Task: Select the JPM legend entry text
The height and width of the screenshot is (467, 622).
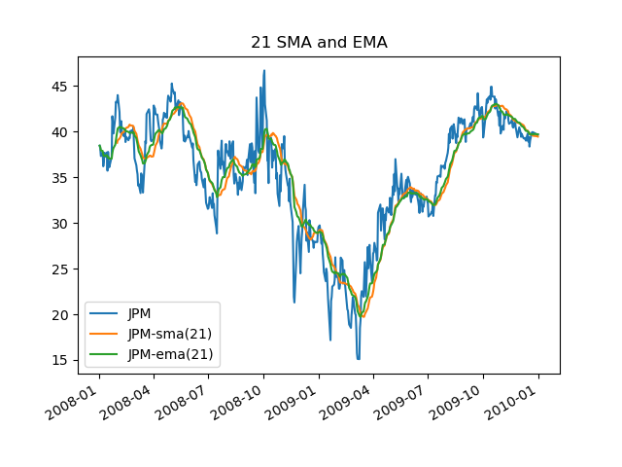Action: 142,313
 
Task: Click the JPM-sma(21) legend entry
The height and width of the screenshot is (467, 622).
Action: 169,334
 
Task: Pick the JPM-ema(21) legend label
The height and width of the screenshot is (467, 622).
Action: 170,354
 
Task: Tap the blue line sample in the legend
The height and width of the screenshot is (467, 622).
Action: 105,314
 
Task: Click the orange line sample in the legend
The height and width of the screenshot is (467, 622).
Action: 105,335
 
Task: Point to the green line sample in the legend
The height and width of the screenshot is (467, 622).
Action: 105,355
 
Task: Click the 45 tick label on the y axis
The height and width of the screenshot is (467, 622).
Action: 61,86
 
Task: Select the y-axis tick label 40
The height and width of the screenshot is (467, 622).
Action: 61,131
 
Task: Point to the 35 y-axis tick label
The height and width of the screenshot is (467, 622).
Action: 61,177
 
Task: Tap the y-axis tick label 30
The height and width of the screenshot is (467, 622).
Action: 61,223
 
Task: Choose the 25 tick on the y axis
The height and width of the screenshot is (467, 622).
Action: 61,269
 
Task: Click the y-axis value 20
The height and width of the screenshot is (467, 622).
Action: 61,314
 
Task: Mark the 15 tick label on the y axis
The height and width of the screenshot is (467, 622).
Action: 61,360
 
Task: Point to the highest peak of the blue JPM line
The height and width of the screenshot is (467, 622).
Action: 264,70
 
